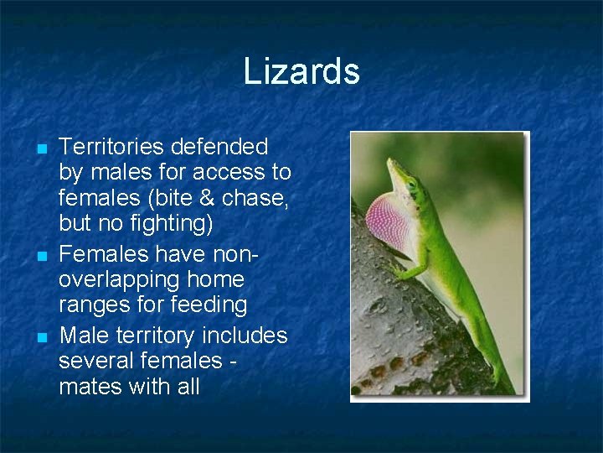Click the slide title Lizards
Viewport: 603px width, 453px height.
[x=301, y=71]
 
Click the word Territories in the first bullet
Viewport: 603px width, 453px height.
[x=112, y=148]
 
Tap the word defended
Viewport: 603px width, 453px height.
[x=219, y=148]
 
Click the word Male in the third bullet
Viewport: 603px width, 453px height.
[x=81, y=336]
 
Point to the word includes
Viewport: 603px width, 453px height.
[x=244, y=336]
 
